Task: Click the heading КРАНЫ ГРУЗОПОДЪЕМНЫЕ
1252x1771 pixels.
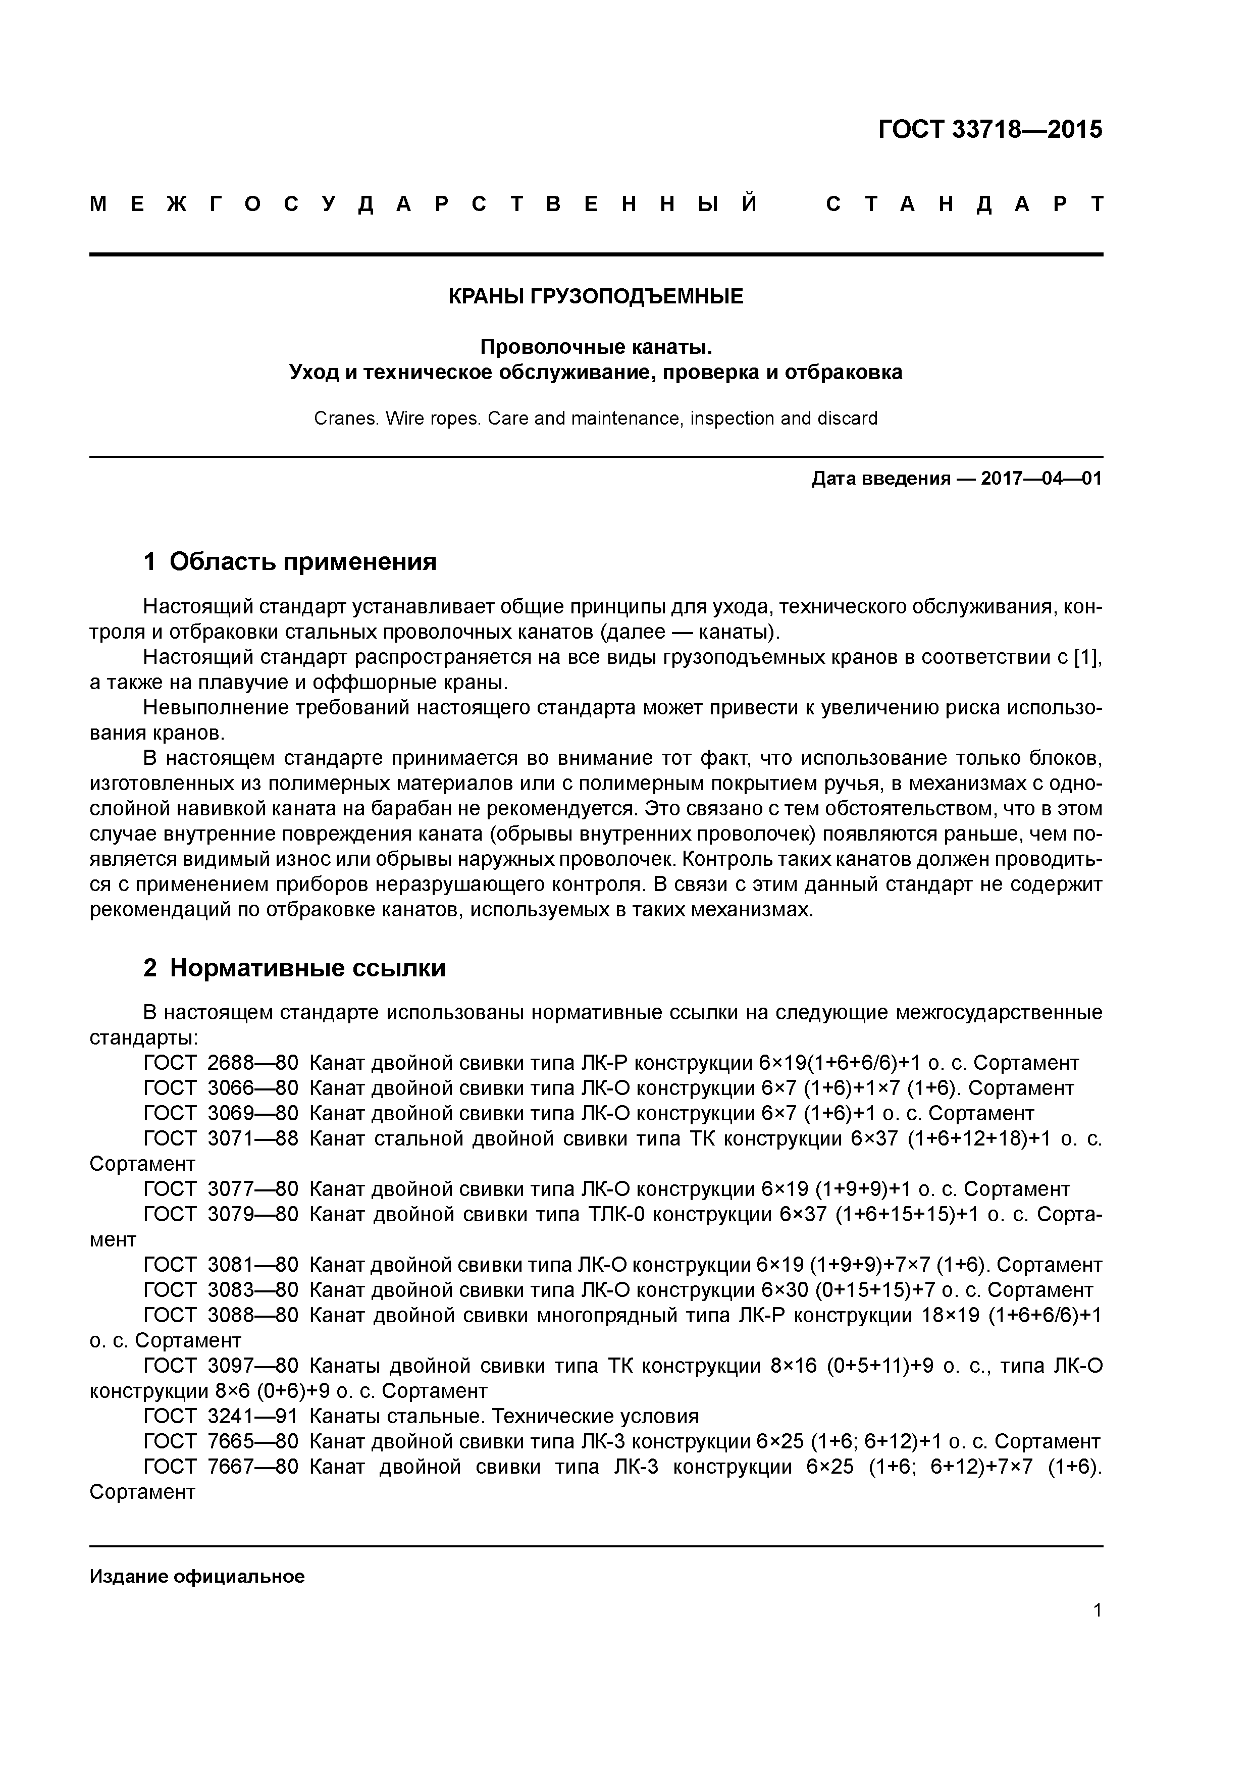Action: pyautogui.click(x=596, y=296)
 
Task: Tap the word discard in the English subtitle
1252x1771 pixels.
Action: pyautogui.click(x=849, y=419)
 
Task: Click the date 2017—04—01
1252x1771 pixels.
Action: pyautogui.click(x=1041, y=479)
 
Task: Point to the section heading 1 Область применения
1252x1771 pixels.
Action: pyautogui.click(x=290, y=561)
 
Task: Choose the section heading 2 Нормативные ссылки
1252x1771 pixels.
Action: pyautogui.click(x=295, y=968)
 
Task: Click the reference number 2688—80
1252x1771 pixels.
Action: pyautogui.click(x=252, y=1063)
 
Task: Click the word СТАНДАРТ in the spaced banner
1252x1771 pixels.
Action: pyautogui.click(x=964, y=204)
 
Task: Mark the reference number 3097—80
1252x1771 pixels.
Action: pyautogui.click(x=252, y=1366)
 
